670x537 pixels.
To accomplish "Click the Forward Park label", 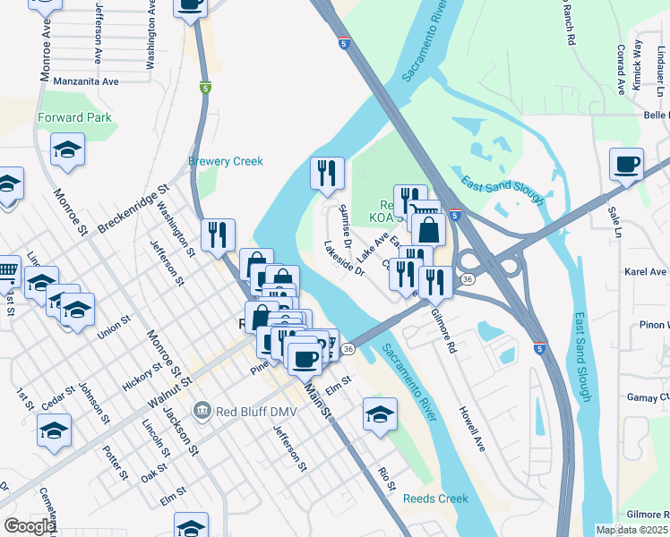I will pyautogui.click(x=74, y=117).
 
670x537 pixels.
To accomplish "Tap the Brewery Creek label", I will pyautogui.click(x=226, y=161).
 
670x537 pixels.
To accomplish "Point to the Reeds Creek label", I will pyautogui.click(x=435, y=499).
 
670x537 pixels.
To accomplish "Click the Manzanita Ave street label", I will pyautogui.click(x=86, y=81).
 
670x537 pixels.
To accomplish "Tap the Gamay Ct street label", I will pyautogui.click(x=649, y=396).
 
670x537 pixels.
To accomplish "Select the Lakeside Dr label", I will pyautogui.click(x=345, y=258).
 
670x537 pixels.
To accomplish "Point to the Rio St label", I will pyautogui.click(x=387, y=479).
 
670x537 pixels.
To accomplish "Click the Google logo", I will pyautogui.click(x=30, y=526).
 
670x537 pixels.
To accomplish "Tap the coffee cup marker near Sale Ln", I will pyautogui.click(x=627, y=165).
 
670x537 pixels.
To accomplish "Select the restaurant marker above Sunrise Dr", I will pyautogui.click(x=327, y=172).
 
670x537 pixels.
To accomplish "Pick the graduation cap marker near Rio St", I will pyautogui.click(x=380, y=414).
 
